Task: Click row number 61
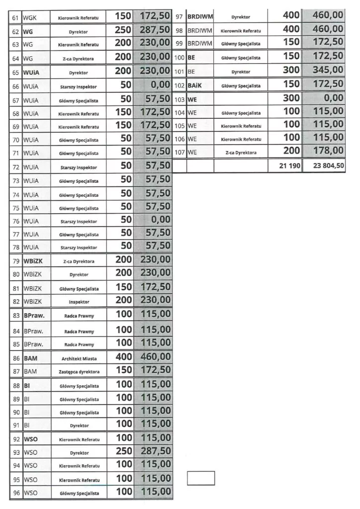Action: coord(15,18)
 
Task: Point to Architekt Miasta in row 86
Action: coord(79,358)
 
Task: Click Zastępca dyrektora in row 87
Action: coord(79,371)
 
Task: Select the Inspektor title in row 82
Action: coord(79,302)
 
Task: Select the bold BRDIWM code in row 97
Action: coord(200,17)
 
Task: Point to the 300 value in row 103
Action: coord(291,98)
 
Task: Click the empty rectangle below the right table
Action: coord(201,478)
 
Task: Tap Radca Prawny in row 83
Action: coord(79,316)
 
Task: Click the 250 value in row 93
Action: coord(124,451)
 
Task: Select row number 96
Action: coord(15,493)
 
